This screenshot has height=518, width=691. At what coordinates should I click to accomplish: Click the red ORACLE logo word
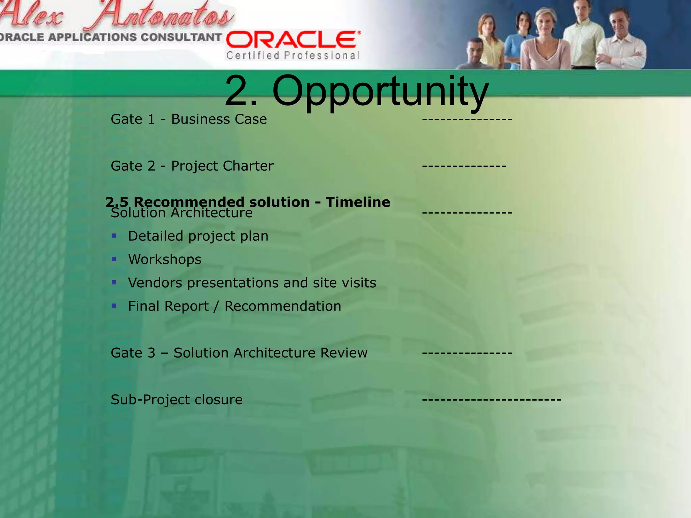(293, 40)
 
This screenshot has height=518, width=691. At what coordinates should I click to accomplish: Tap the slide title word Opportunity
(380, 91)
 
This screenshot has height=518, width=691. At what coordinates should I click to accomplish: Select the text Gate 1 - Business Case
(189, 119)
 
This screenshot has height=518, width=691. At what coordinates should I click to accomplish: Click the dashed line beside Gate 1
(467, 119)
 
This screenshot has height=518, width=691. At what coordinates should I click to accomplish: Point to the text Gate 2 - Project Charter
(192, 166)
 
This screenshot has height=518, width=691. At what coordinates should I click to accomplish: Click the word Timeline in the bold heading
(358, 202)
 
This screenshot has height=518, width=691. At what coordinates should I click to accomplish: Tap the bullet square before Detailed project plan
(114, 236)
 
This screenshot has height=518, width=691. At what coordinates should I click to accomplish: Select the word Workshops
(165, 259)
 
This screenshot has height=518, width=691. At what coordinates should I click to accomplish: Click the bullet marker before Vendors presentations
(114, 283)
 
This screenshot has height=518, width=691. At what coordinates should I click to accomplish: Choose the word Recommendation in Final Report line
(283, 306)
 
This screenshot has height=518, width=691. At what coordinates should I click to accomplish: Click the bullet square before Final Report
(114, 306)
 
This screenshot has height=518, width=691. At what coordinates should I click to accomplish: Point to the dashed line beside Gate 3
(467, 353)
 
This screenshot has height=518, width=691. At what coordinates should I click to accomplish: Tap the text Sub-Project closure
(176, 400)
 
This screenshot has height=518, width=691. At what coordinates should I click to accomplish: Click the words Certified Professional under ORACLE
(293, 55)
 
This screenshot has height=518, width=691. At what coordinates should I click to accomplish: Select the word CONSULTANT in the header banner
(181, 37)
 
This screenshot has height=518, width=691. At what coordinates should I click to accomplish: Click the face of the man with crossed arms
(620, 22)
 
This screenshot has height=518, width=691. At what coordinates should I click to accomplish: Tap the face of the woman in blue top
(524, 22)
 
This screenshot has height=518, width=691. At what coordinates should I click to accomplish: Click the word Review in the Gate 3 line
(344, 353)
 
